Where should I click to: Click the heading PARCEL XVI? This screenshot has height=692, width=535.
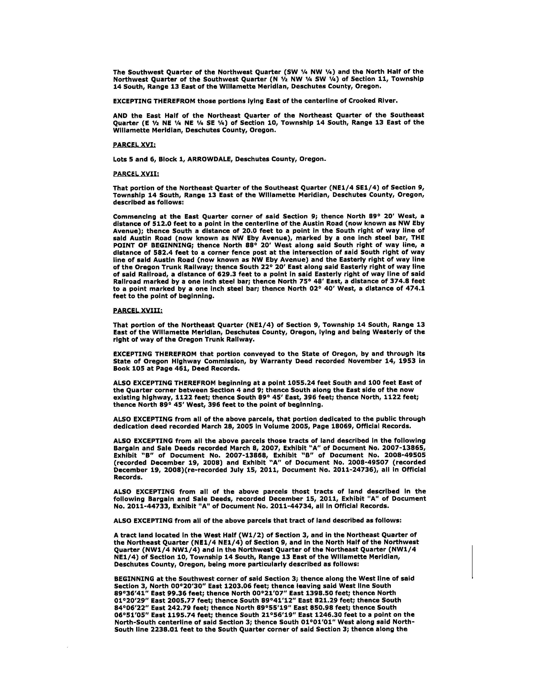(x=134, y=145)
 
